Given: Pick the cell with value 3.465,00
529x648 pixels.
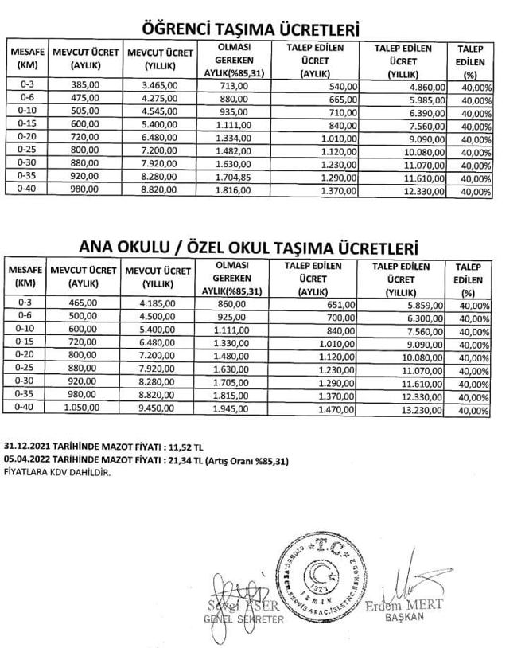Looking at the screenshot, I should click(x=159, y=84).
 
